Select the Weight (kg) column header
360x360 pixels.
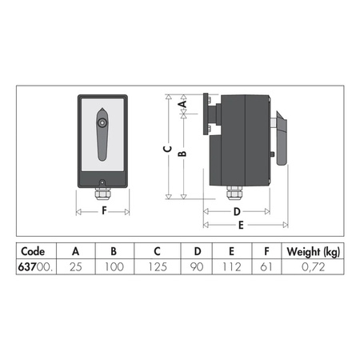(313, 250)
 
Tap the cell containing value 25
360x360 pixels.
(75, 266)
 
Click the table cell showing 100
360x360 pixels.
(114, 266)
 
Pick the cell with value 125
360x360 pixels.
(158, 266)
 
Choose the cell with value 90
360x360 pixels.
(196, 266)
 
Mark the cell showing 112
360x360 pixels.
(231, 266)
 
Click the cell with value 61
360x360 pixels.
(266, 266)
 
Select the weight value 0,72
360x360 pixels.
(313, 266)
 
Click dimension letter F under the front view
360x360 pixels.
(103, 212)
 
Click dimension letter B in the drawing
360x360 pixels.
(182, 154)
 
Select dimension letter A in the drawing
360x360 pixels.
(182, 104)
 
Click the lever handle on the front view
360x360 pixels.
(104, 132)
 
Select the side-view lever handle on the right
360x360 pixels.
(281, 138)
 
